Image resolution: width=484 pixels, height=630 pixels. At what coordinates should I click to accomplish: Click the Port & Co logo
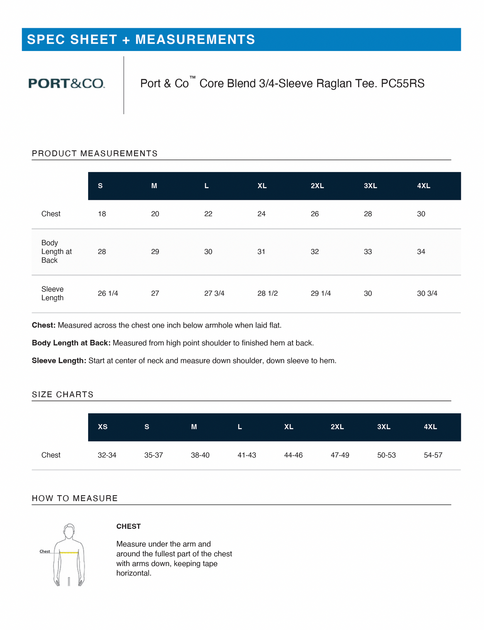click(x=66, y=83)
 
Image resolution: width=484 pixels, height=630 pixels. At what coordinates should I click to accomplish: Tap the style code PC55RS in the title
click(x=403, y=83)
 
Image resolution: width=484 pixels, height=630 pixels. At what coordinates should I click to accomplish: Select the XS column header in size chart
click(x=102, y=427)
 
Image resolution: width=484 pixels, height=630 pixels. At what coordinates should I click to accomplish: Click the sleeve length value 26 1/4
click(x=108, y=294)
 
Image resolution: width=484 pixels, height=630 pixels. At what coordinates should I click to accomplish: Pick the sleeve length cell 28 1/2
click(x=267, y=294)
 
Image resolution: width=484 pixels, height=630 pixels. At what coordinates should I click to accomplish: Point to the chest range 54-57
click(x=433, y=455)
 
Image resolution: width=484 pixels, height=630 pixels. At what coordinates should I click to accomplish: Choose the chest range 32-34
click(x=107, y=455)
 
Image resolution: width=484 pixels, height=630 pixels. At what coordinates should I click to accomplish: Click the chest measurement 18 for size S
click(x=102, y=214)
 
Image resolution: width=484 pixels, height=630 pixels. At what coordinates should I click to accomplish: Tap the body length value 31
click(x=261, y=252)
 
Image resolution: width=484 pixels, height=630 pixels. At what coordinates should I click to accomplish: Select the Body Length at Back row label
click(x=56, y=252)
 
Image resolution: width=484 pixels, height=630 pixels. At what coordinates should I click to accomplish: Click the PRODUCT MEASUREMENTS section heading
click(x=94, y=154)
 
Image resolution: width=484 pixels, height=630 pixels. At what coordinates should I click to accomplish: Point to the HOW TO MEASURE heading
click(x=75, y=498)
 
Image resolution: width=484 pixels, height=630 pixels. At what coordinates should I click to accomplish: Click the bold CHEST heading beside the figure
click(x=128, y=526)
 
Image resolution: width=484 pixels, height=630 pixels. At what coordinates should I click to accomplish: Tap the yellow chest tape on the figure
click(x=69, y=552)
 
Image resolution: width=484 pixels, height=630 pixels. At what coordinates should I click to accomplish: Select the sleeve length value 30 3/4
click(x=427, y=294)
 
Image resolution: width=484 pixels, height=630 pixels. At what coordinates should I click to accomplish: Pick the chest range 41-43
click(x=247, y=455)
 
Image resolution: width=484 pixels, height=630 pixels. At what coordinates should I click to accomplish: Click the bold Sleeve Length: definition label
click(x=59, y=361)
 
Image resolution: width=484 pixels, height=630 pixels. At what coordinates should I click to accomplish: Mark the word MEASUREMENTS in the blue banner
click(x=195, y=40)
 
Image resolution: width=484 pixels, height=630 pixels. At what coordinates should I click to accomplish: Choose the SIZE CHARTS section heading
click(x=63, y=395)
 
